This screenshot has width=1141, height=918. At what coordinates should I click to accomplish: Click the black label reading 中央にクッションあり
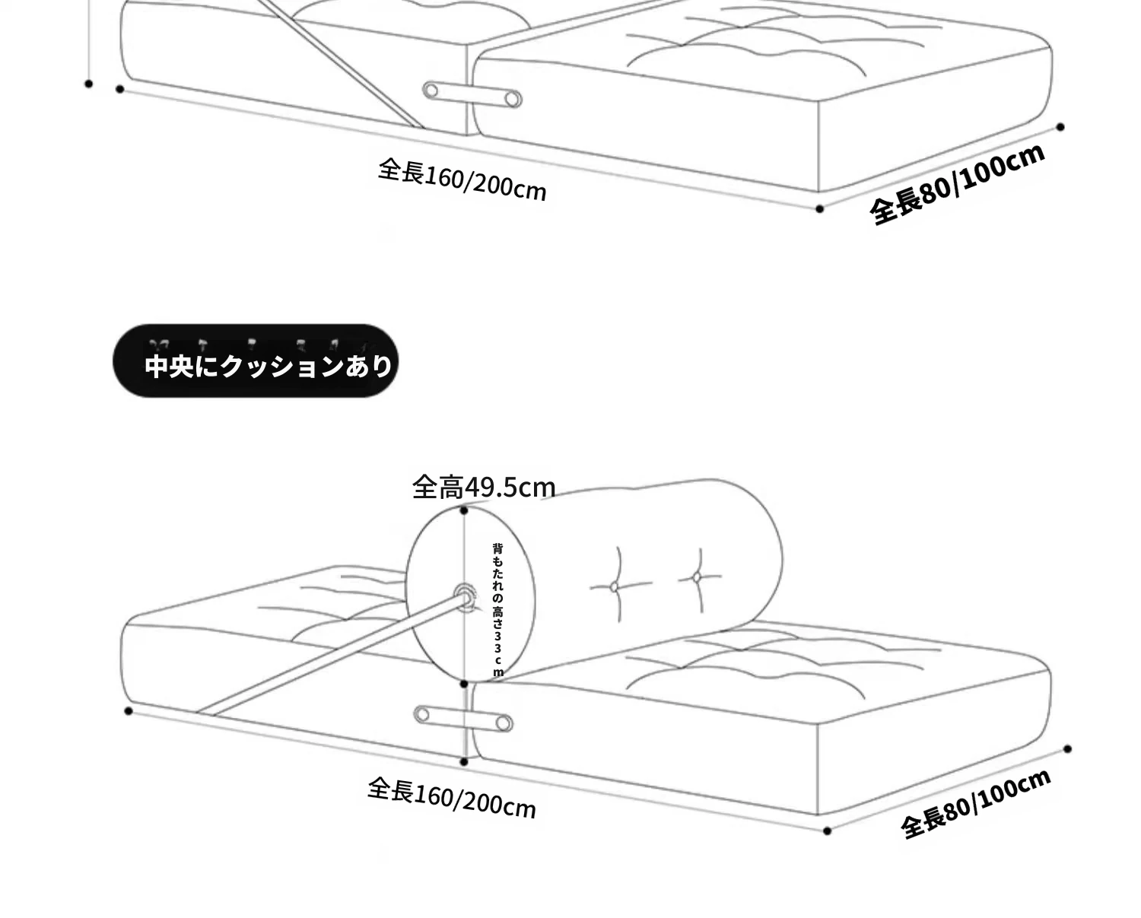tap(256, 361)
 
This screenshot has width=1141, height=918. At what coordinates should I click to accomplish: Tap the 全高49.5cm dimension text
tap(484, 488)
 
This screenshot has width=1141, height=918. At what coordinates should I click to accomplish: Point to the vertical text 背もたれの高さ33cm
tap(497, 610)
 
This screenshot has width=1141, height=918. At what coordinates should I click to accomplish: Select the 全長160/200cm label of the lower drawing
tap(452, 799)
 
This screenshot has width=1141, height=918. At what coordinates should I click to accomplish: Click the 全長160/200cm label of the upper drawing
tap(462, 179)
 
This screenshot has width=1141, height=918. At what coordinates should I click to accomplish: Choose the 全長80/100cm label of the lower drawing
tap(976, 803)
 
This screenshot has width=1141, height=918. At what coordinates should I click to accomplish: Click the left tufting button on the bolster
tap(614, 587)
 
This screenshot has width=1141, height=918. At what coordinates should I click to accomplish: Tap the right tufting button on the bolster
tap(698, 577)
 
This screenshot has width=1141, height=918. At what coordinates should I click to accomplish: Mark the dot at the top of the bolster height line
tap(464, 510)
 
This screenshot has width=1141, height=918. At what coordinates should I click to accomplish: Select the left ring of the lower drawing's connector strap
tap(423, 715)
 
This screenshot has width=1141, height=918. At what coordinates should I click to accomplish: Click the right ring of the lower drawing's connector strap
tap(504, 723)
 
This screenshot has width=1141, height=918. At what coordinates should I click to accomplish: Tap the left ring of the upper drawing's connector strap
tap(431, 91)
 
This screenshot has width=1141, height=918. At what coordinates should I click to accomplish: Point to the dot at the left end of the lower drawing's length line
tap(129, 710)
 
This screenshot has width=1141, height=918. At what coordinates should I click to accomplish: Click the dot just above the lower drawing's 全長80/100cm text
tap(1068, 749)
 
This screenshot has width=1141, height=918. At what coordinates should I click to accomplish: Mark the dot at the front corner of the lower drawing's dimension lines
tap(827, 831)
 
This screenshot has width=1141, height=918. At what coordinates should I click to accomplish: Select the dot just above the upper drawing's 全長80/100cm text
tap(1060, 127)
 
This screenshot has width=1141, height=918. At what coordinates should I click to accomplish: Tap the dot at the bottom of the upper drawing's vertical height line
tap(88, 84)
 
